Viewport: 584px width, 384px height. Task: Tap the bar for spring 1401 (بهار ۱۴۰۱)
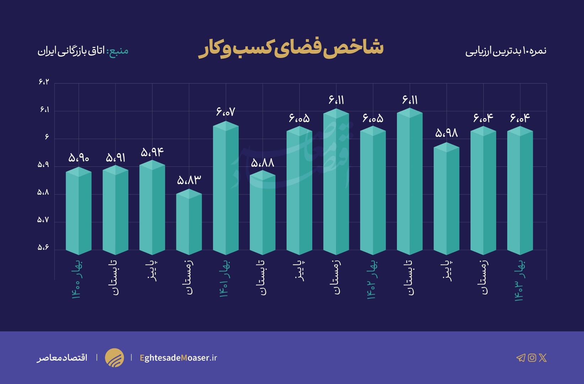226,188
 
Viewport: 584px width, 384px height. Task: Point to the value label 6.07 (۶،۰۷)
226,112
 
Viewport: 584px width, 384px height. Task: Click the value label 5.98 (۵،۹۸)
447,133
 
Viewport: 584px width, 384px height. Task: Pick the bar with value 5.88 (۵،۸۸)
262,213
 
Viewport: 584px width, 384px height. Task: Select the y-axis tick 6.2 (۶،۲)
44,82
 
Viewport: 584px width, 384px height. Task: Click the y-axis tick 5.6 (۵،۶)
44,247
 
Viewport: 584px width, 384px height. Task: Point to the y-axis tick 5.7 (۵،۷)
44,220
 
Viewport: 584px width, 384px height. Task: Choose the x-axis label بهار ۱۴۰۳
520,281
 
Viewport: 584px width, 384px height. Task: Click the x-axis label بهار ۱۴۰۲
372,280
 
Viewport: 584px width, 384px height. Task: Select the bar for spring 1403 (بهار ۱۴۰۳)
520,192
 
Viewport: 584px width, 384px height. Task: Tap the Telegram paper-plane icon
521,358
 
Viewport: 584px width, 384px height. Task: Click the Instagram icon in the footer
532,358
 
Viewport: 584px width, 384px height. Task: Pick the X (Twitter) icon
543,358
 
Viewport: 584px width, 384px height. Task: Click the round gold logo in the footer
115,358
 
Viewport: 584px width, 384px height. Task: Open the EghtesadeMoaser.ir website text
178,358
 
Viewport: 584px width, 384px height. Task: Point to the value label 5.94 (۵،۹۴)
152,153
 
